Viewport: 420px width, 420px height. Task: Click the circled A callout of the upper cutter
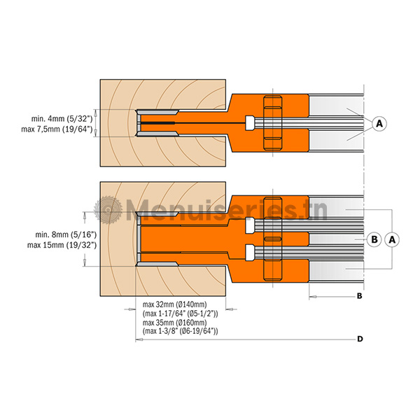pyautogui.click(x=379, y=123)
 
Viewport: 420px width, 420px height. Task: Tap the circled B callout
pyautogui.click(x=374, y=239)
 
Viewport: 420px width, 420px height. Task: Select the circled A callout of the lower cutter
pyautogui.click(x=392, y=239)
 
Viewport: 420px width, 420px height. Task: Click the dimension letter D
pyautogui.click(x=360, y=339)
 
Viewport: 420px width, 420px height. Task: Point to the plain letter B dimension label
pyautogui.click(x=360, y=296)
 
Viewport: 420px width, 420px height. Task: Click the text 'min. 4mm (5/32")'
pyautogui.click(x=62, y=118)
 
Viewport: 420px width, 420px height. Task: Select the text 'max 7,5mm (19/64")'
pyautogui.click(x=57, y=129)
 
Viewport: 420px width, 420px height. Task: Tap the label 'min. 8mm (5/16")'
pyautogui.click(x=66, y=234)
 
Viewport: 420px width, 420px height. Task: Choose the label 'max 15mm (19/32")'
pyautogui.click(x=62, y=246)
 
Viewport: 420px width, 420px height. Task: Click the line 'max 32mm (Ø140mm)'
pyautogui.click(x=174, y=304)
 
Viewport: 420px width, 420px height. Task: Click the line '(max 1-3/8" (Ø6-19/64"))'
pyautogui.click(x=181, y=331)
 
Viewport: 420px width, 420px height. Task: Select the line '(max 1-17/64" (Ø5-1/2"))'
pyautogui.click(x=181, y=314)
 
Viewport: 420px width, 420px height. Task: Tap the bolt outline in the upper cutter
pyautogui.click(x=273, y=122)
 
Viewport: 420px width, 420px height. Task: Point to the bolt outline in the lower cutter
pyautogui.click(x=273, y=239)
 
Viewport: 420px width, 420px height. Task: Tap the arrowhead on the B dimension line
pyautogui.click(x=313, y=297)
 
